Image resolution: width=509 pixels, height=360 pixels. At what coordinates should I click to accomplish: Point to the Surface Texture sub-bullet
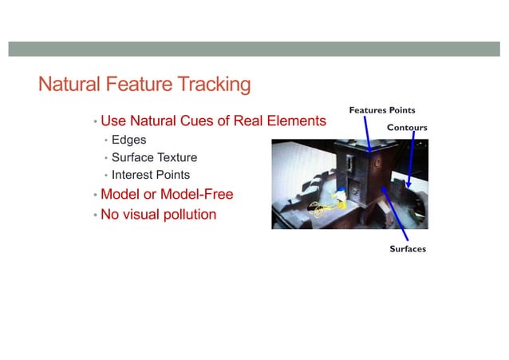pyautogui.click(x=154, y=157)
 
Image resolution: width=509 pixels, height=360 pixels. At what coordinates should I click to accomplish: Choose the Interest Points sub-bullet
pyautogui.click(x=151, y=175)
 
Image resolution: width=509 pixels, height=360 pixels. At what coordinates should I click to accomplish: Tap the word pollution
pyautogui.click(x=185, y=214)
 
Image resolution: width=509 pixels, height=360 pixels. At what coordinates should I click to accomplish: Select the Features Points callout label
pyautogui.click(x=382, y=109)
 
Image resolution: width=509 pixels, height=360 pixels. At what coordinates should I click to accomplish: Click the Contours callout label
pyautogui.click(x=407, y=128)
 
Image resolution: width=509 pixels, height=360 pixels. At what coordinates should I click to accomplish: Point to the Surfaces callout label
pyautogui.click(x=408, y=249)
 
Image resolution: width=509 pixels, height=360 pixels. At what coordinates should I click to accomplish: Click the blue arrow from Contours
pyautogui.click(x=410, y=160)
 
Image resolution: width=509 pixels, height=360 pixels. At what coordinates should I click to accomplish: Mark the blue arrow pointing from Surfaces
pyautogui.click(x=396, y=214)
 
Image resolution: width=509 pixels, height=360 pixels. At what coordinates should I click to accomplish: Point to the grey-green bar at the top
pyautogui.click(x=254, y=49)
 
